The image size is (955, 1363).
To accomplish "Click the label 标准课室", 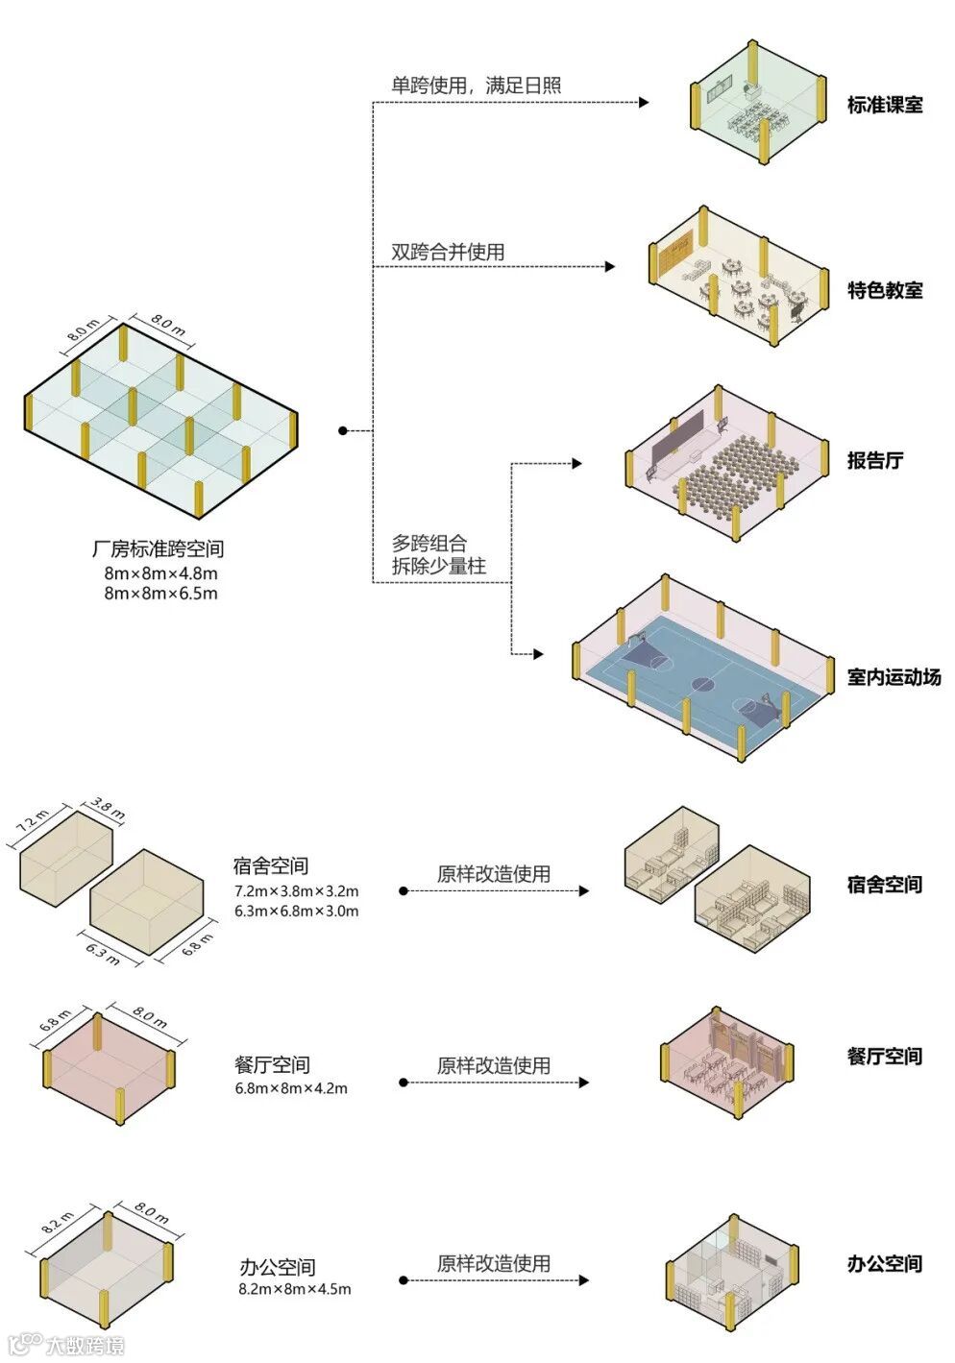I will click(884, 105).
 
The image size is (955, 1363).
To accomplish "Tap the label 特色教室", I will click(884, 289).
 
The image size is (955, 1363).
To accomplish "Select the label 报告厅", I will click(874, 460).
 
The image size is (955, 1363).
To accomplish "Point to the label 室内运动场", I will click(894, 677).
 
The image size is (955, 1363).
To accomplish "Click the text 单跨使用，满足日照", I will click(476, 85).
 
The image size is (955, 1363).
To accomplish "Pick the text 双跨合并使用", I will click(448, 253).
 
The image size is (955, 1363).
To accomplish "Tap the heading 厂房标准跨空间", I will click(158, 549).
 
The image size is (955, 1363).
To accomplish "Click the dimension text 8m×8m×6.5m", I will click(160, 594).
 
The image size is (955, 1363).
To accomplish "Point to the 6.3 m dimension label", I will click(102, 953).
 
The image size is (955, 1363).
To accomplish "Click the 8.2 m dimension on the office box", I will click(58, 1222).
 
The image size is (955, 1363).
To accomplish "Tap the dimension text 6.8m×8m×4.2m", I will click(290, 1088).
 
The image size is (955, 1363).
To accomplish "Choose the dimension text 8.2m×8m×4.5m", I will click(294, 1288).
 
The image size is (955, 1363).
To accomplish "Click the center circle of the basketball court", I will click(702, 685).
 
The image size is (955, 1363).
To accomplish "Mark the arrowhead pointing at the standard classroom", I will click(644, 102).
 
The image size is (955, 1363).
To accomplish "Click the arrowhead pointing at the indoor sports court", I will click(539, 655).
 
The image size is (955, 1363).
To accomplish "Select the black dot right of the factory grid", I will click(342, 431).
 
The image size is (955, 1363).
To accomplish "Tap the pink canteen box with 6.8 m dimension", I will click(108, 1065).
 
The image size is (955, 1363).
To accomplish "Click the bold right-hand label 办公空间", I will click(884, 1263).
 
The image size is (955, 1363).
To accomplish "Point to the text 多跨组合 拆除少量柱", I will click(438, 555).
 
